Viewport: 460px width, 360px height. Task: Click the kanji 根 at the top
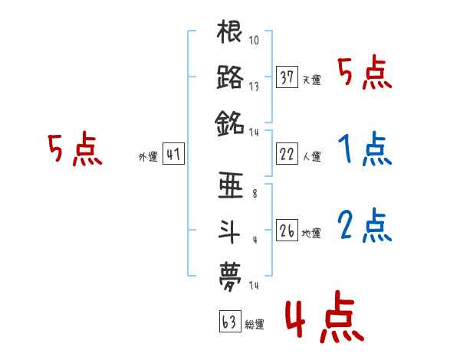[x=230, y=34]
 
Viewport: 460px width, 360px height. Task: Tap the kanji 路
[x=230, y=78]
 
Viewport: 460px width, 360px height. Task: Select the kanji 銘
[x=230, y=123]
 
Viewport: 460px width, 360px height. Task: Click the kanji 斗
[x=230, y=229]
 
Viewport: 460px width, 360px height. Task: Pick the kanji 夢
[x=230, y=273]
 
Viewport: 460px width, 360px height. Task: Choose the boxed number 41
[x=172, y=155]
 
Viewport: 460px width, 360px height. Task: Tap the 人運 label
[x=311, y=157]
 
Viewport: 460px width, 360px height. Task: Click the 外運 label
[x=148, y=157]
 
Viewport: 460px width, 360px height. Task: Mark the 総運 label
[x=254, y=325]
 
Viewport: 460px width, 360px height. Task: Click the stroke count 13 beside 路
[x=254, y=87]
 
